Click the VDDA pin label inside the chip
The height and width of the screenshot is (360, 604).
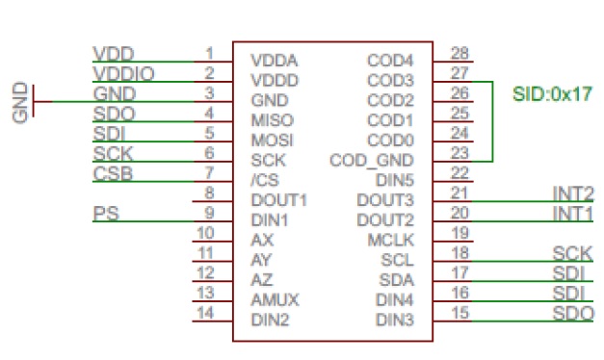273,60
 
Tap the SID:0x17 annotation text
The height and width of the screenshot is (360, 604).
551,93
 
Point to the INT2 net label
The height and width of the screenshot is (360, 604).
573,193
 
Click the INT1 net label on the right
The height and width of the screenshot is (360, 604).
573,212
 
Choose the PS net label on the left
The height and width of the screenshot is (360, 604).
106,212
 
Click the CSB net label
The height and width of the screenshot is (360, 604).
112,173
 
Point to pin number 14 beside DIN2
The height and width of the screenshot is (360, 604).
204,312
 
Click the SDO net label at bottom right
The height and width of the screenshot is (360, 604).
573,314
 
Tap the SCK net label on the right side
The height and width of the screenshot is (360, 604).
573,253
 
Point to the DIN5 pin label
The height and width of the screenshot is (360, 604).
394,180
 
